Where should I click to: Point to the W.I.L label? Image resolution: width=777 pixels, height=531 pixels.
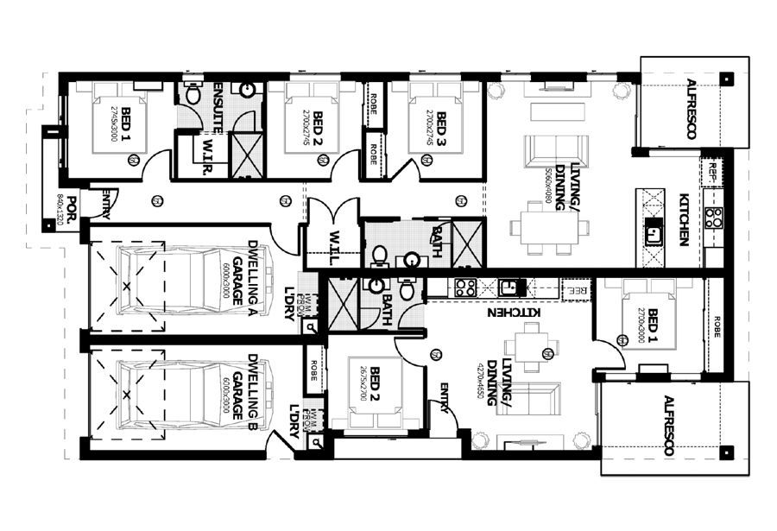coord(334,249)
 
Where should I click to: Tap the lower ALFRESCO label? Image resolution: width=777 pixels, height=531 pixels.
coord(667,427)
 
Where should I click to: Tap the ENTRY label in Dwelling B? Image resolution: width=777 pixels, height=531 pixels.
coord(445,398)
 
